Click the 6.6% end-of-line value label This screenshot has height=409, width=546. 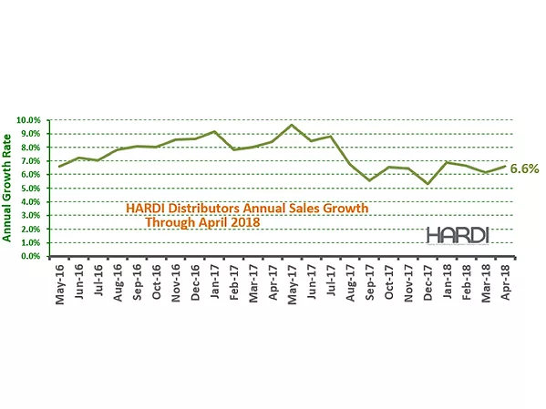coord(525,169)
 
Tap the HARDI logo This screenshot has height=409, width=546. coord(458,235)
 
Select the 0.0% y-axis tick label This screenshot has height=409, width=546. coord(34,257)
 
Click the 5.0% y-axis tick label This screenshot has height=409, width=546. coord(34,189)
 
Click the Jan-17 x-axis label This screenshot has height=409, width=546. coord(214,282)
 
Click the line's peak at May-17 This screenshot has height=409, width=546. coord(291,125)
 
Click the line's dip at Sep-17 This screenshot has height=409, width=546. coord(369,180)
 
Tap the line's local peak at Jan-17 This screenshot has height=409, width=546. coord(213,132)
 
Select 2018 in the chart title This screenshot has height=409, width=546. coord(242,222)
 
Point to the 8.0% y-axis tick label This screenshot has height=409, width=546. coord(34,148)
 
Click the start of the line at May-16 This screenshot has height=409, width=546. coord(60,167)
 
